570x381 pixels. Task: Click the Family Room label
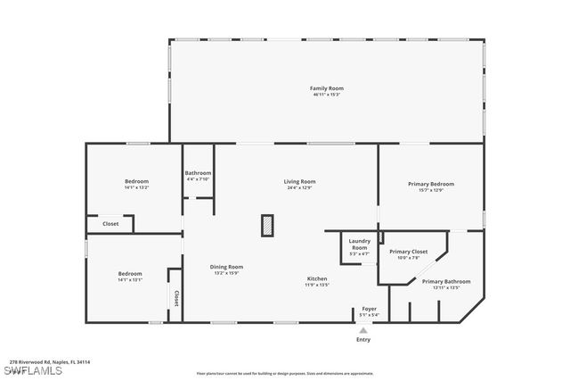(326, 88)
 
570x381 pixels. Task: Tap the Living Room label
(299, 181)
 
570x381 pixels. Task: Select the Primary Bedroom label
(431, 184)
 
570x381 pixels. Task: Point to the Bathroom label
(198, 172)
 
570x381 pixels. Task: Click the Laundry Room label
(359, 244)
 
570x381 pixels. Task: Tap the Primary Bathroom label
(446, 281)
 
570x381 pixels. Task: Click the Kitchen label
(317, 278)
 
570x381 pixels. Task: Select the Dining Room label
(225, 266)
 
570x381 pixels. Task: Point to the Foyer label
(369, 309)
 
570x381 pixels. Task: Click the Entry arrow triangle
(362, 329)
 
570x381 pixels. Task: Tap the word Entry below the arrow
(362, 340)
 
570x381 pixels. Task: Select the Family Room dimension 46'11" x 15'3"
(326, 95)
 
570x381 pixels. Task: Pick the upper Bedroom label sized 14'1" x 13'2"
(136, 181)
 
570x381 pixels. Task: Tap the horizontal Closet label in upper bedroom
(110, 224)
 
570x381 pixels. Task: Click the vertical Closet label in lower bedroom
(176, 298)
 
